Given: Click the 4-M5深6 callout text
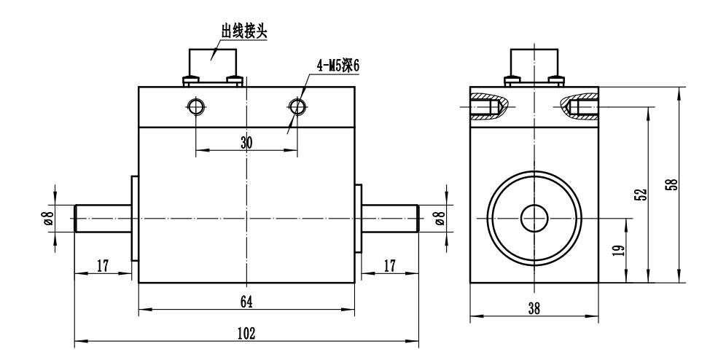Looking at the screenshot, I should pos(338,66).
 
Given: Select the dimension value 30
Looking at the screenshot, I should pos(246,144).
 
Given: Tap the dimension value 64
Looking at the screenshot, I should pos(246,301).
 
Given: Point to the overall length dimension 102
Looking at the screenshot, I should pos(246,333).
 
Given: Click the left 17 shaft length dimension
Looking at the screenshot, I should pos(103,266).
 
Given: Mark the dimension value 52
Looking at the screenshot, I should pos(639,195).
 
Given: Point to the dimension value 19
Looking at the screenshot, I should pos(618,251).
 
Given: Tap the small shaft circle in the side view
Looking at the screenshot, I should pos(534,216).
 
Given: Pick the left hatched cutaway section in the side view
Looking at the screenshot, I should pos(487,105).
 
